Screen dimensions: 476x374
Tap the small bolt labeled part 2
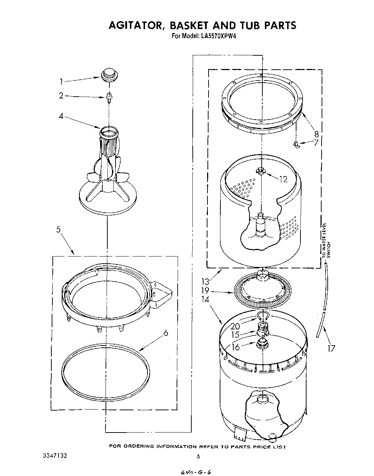(108, 96)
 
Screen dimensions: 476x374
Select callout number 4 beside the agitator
(61, 116)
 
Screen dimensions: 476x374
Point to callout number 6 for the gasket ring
(165, 333)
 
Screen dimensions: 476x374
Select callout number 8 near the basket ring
(316, 134)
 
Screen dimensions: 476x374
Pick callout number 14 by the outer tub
(205, 299)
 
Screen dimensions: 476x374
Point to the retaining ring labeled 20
(263, 316)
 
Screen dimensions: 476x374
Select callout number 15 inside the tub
(235, 334)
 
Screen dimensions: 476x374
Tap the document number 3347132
(55, 456)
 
